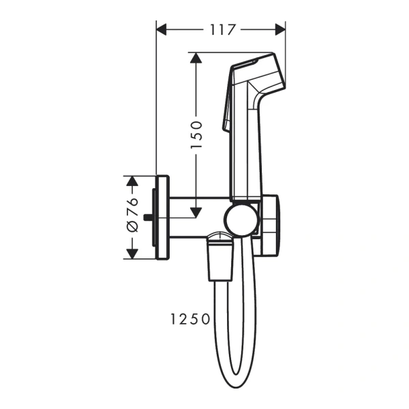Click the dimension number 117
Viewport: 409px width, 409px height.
coord(221,29)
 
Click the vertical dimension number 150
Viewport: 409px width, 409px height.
coord(196,134)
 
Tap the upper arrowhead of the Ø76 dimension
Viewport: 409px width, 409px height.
coord(132,181)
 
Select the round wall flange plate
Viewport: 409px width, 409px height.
coord(162,217)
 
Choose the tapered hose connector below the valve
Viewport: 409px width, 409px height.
coord(219,259)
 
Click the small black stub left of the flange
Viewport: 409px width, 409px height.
coord(149,217)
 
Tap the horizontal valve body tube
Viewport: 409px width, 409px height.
coord(198,217)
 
